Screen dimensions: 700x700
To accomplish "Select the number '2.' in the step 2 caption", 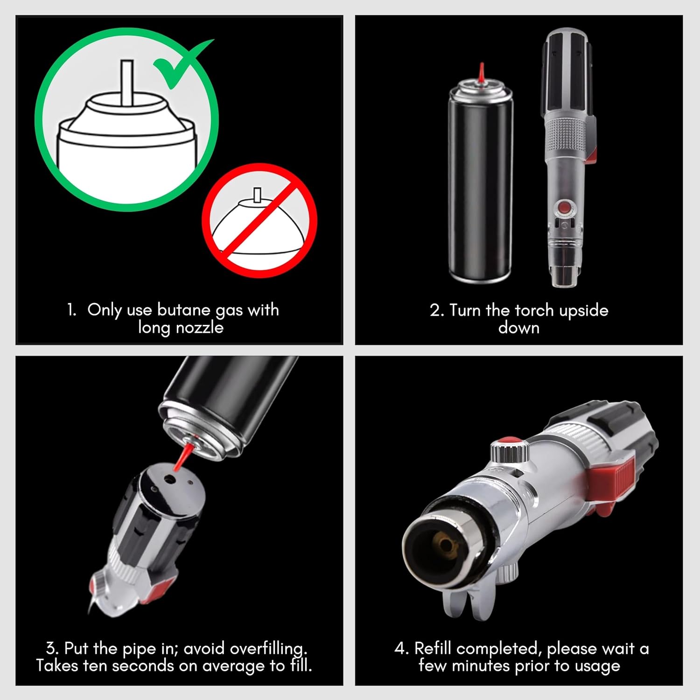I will pos(437,311).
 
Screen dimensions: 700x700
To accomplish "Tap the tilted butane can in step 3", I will pos(229,401).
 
